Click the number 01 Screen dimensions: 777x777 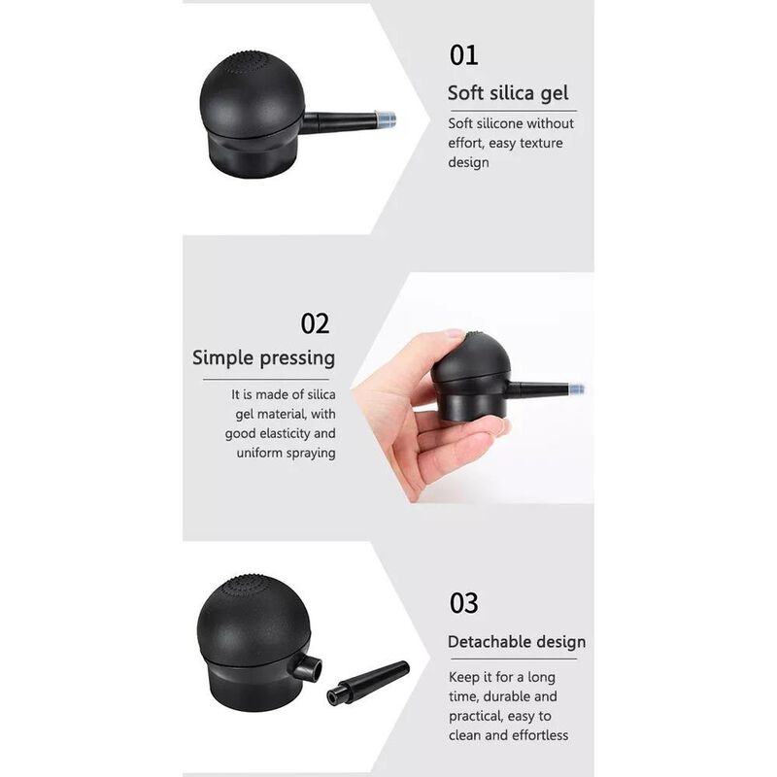tap(463, 54)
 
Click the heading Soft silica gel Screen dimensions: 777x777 tap(508, 93)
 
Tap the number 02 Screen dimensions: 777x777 tap(315, 322)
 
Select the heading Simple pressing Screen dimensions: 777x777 tap(263, 357)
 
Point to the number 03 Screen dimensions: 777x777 tap(463, 602)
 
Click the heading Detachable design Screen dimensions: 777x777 tap(516, 642)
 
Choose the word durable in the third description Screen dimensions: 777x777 tap(507, 696)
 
